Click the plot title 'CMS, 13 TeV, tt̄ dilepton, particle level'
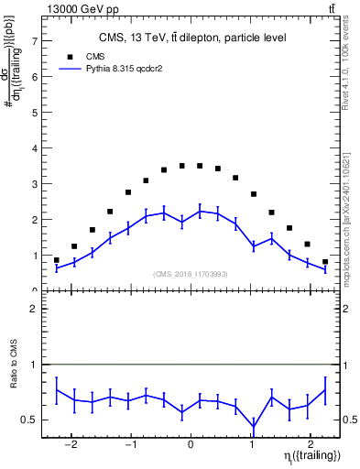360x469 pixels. pyautogui.click(x=192, y=38)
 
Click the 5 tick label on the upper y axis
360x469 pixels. pyautogui.click(x=34, y=113)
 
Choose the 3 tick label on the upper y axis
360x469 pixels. pyautogui.click(x=34, y=184)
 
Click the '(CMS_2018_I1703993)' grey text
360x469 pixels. pyautogui.click(x=190, y=274)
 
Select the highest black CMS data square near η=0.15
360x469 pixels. pyautogui.click(x=200, y=166)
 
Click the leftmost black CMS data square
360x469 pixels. pyautogui.click(x=57, y=260)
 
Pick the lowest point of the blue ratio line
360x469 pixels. pyautogui.click(x=253, y=427)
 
